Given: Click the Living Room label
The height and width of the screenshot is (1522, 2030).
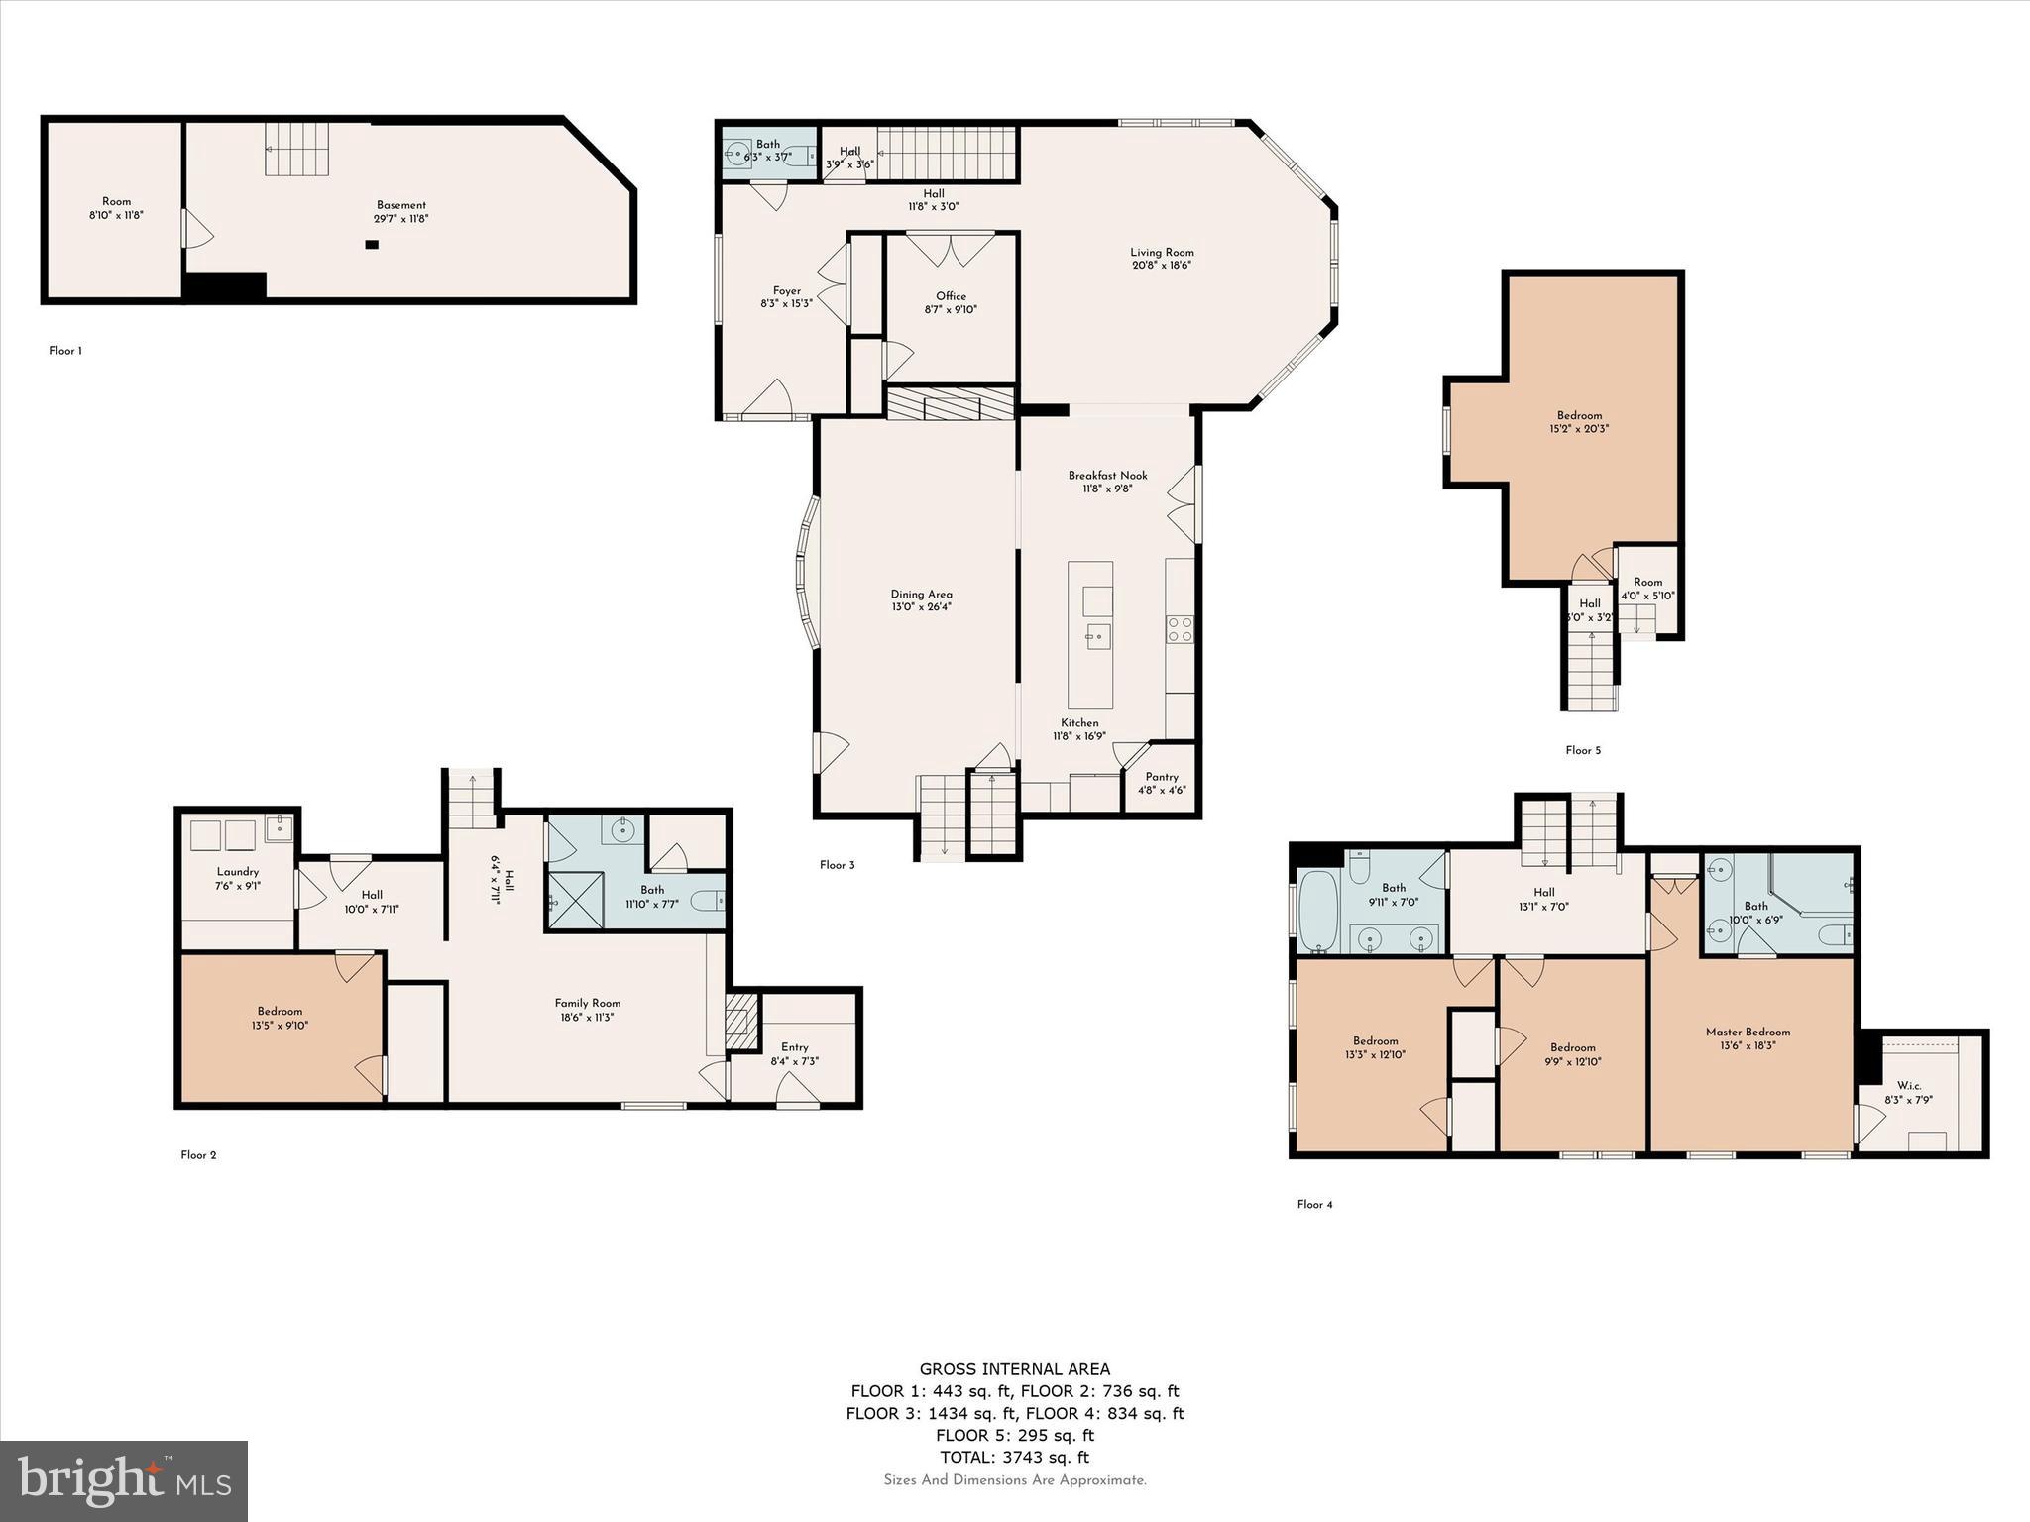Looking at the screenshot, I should click(x=1162, y=253).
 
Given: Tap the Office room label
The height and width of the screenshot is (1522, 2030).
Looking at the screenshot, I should click(x=951, y=296).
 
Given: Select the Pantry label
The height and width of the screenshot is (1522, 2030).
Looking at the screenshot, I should click(x=1162, y=777).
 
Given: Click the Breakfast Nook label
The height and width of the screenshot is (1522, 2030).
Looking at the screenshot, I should click(x=1107, y=476).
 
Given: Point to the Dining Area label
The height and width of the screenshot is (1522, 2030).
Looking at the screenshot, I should click(x=921, y=595).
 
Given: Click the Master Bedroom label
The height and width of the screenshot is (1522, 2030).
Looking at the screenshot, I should click(x=1748, y=1032).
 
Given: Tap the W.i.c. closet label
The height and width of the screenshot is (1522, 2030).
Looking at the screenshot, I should click(x=1909, y=1086).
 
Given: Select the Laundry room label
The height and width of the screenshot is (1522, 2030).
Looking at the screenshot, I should click(x=238, y=872).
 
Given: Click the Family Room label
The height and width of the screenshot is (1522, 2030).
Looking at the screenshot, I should click(x=588, y=1003).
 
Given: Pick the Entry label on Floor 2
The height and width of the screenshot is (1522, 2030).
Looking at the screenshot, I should click(x=795, y=1047).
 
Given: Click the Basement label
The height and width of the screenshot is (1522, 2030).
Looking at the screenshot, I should click(x=401, y=205).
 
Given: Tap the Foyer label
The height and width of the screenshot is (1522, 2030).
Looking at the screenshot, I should click(x=787, y=291).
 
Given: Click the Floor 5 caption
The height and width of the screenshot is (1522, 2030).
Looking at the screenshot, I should click(x=1583, y=750).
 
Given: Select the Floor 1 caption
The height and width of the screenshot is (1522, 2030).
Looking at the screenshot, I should click(x=65, y=351).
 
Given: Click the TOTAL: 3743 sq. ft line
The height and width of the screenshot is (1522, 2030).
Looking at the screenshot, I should click(x=1014, y=1457).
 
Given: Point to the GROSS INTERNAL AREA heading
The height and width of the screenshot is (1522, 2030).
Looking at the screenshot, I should click(x=1014, y=1369).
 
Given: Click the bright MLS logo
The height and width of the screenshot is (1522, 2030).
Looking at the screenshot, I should click(x=124, y=1480).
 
